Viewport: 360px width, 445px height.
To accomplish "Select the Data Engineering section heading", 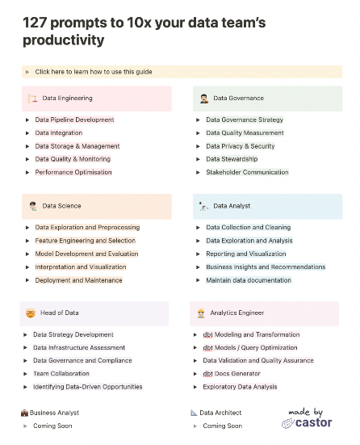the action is pyautogui.click(x=68, y=99).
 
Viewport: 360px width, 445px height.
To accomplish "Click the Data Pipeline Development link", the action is pyautogui.click(x=74, y=120).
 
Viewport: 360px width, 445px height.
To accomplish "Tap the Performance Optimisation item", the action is pyautogui.click(x=73, y=172).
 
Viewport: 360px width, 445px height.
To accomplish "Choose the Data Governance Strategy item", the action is pyautogui.click(x=245, y=120).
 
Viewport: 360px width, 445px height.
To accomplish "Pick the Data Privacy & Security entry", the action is pyautogui.click(x=240, y=146).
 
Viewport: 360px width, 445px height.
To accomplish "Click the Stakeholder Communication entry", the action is pyautogui.click(x=247, y=172).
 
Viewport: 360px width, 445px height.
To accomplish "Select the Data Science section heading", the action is pyautogui.click(x=62, y=206).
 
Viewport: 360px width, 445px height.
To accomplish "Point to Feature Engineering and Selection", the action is pyautogui.click(x=85, y=241).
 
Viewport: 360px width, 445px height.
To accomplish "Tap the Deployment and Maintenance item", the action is pyautogui.click(x=78, y=280).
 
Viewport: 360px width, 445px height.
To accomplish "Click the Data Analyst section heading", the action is pyautogui.click(x=232, y=206).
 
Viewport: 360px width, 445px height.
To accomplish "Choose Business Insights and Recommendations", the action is pyautogui.click(x=266, y=267).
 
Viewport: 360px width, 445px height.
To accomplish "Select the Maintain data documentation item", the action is pyautogui.click(x=249, y=280).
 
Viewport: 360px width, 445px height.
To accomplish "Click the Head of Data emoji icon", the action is pyautogui.click(x=30, y=313).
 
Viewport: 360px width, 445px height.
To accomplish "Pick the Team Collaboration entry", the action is pyautogui.click(x=61, y=374).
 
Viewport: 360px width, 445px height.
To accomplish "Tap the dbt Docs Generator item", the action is pyautogui.click(x=232, y=374).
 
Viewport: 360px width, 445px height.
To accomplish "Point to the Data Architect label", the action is pyautogui.click(x=220, y=413).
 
